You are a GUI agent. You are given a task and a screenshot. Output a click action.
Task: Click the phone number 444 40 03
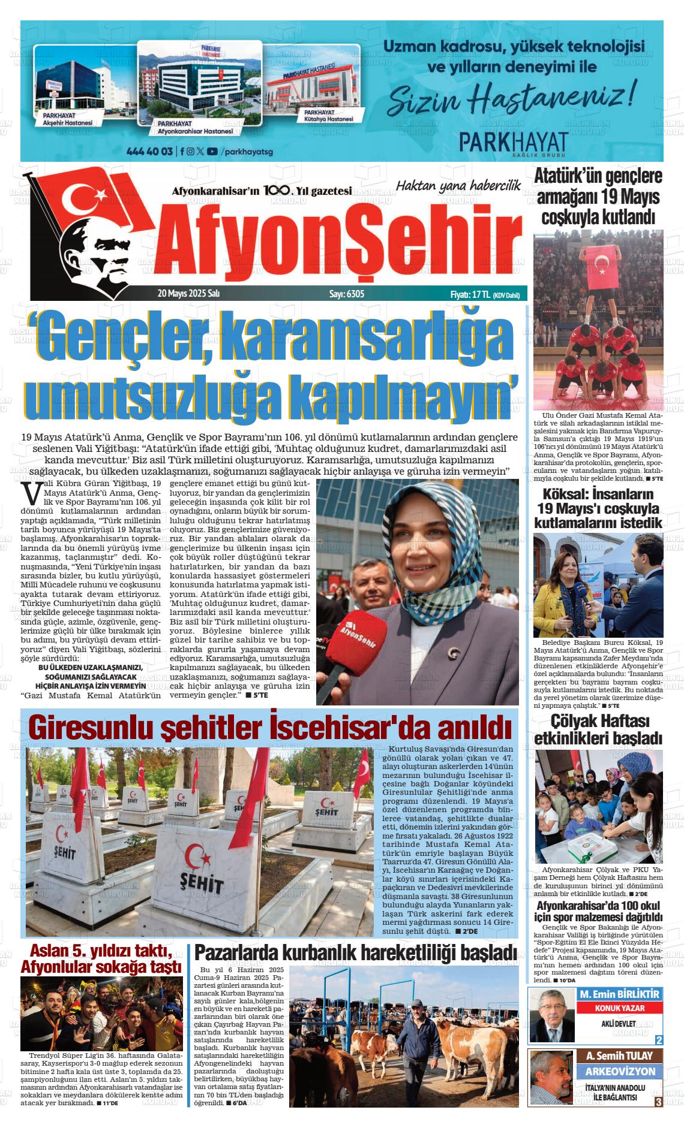[x=149, y=152]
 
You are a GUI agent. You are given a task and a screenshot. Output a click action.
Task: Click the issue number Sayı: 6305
[x=347, y=294]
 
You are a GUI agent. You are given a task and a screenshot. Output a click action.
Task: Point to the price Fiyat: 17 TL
[x=470, y=294]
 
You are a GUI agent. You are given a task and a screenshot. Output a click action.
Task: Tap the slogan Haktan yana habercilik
[x=458, y=186]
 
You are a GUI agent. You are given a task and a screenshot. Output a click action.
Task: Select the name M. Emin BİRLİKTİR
[x=620, y=994]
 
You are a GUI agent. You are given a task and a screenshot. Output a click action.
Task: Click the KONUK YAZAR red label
[x=620, y=1008]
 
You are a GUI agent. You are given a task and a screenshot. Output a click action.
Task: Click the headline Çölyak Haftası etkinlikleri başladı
[x=598, y=729]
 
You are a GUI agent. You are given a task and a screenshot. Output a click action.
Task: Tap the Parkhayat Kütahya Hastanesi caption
[x=328, y=116]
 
